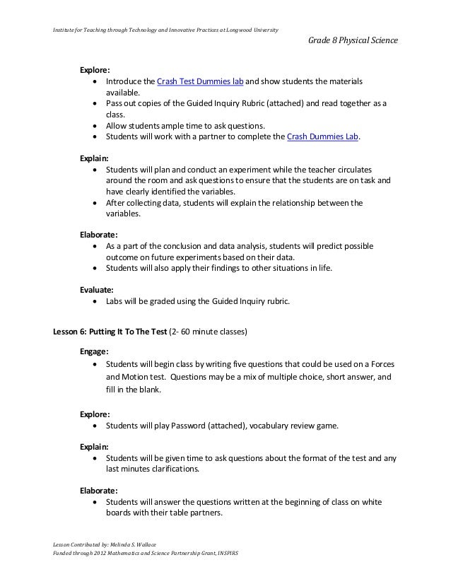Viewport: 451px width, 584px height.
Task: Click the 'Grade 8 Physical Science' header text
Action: point(353,42)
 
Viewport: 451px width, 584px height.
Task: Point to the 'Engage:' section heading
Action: point(95,351)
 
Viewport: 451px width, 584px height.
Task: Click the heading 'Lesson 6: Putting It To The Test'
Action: point(113,331)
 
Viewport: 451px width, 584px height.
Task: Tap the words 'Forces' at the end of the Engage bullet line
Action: point(381,364)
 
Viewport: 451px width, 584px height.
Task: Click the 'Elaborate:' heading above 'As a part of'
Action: point(99,233)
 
